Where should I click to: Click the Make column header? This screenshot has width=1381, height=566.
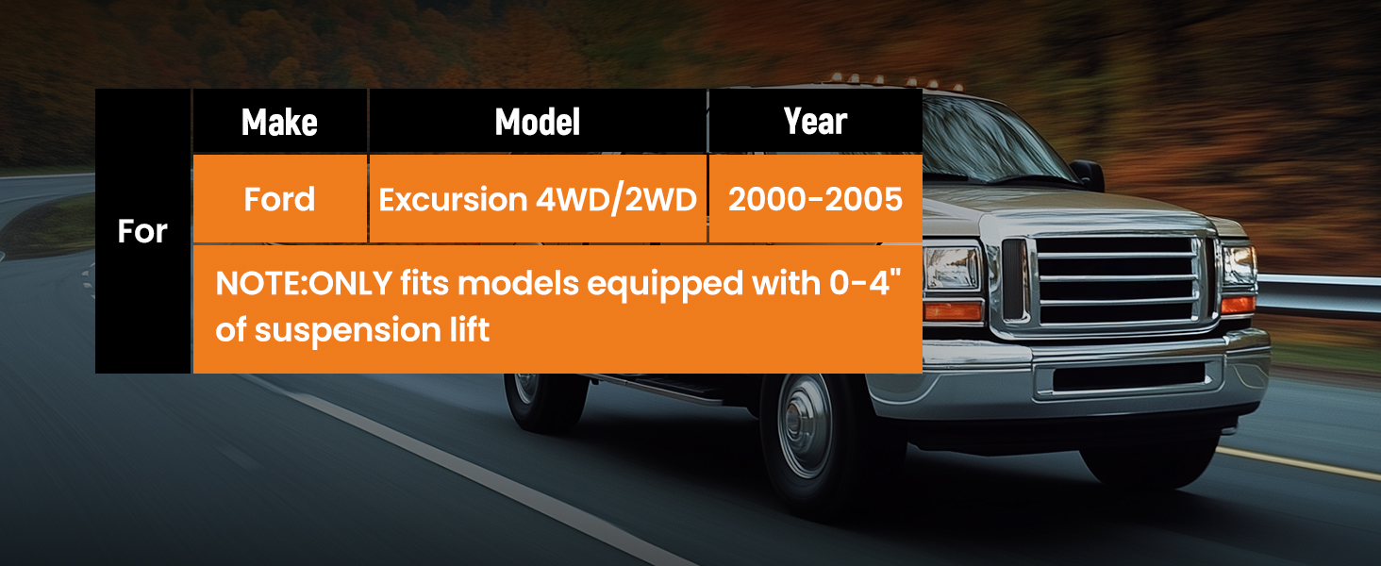279,122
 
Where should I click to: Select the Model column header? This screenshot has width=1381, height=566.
538,122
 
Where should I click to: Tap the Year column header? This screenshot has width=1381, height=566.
815,121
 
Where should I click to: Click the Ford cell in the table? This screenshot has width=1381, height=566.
279,199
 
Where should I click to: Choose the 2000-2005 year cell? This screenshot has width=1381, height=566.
815,199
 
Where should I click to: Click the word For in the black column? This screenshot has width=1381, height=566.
142,231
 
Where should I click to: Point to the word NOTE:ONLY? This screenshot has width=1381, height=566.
304,284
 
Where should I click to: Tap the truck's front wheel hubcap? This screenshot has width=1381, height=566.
805,425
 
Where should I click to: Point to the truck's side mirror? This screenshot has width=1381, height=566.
1088,175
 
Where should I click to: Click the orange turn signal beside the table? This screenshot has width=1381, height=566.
953,311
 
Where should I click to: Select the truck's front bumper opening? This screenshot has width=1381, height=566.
1128,376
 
